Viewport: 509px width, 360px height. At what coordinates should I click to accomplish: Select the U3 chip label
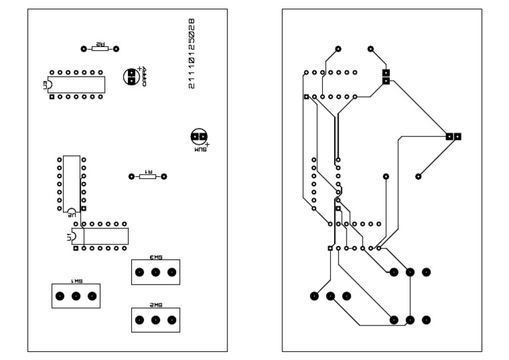[45, 84]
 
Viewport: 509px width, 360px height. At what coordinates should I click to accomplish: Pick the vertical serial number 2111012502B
[192, 54]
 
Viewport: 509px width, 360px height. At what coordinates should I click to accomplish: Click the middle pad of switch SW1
[76, 296]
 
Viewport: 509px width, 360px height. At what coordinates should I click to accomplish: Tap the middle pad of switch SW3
[156, 272]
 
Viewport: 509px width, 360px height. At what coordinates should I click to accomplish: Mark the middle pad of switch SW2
[156, 320]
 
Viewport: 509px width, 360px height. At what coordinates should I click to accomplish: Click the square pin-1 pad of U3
[52, 97]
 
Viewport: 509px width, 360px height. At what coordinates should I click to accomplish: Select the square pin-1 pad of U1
[76, 248]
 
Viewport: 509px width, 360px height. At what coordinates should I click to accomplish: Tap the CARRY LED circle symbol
[132, 76]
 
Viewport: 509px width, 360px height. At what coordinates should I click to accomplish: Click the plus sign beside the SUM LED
[207, 144]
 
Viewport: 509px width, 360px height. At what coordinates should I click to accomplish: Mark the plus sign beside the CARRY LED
[140, 68]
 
